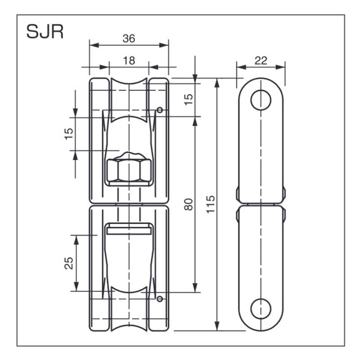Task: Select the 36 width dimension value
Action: coord(129,39)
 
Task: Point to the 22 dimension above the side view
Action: coord(261,61)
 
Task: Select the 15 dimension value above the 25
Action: coord(69,134)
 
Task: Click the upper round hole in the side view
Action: coord(261,100)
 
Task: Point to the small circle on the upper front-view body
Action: coord(159,109)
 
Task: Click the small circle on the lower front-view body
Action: coord(159,298)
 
